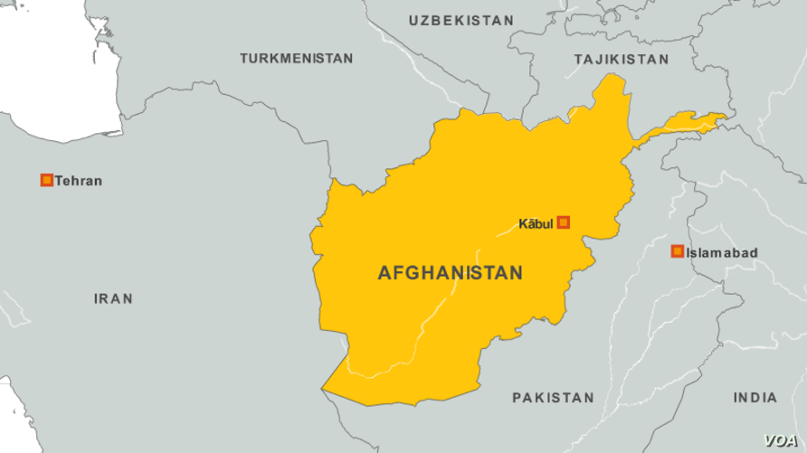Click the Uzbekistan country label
[x=460, y=20]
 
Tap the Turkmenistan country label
[x=296, y=58]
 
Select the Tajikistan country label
[x=622, y=59]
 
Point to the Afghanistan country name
[x=450, y=272]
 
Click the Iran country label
[x=113, y=298]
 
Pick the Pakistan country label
[x=553, y=397]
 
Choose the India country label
[x=755, y=397]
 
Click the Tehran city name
[x=78, y=181]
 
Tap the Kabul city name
[x=535, y=222]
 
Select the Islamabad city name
[x=721, y=253]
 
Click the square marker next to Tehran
[x=46, y=180]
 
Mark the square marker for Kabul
[x=563, y=222]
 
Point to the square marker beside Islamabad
[x=677, y=251]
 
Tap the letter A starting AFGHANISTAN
[x=384, y=272]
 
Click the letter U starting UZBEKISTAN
[x=413, y=20]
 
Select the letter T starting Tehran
[x=59, y=181]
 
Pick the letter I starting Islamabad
[x=688, y=253]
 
